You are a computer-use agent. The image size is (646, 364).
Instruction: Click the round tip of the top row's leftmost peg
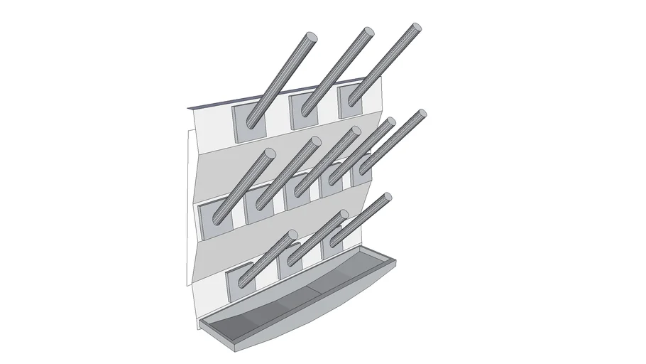312,36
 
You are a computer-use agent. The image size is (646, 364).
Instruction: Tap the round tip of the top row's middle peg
368,33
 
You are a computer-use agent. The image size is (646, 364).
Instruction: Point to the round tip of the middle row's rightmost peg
422,113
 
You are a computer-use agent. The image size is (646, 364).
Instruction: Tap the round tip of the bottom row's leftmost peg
292,235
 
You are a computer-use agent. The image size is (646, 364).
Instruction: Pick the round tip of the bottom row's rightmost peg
387,197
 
